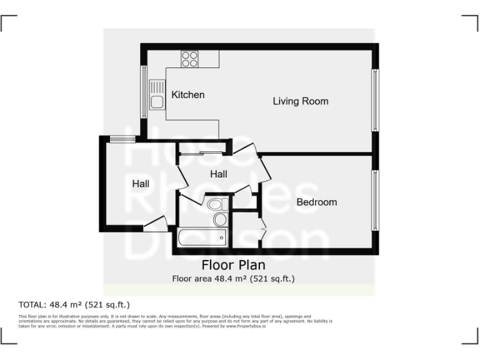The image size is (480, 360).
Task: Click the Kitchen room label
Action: [188, 95]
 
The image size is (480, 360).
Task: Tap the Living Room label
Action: [301, 101]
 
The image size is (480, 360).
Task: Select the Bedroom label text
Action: [316, 202]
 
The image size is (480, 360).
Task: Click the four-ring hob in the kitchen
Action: [189, 59]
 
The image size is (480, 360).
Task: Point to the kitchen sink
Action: [156, 95]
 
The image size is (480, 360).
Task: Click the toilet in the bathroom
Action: [215, 204]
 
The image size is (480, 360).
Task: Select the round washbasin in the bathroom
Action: [220, 219]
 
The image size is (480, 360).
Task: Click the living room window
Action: [376, 100]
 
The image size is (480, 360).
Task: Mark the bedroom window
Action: [376, 199]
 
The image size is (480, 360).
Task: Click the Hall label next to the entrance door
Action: [141, 184]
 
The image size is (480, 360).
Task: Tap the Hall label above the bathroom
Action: [219, 174]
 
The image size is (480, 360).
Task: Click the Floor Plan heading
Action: [233, 266]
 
